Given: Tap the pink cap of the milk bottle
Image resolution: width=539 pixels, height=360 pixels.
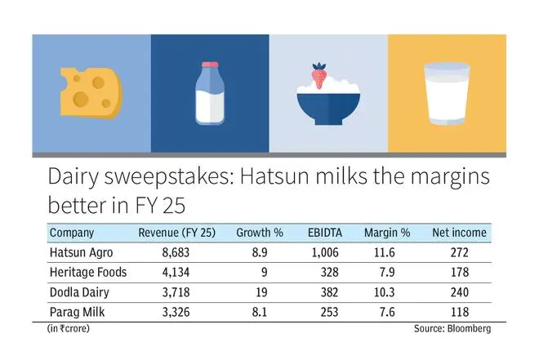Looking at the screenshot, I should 209,64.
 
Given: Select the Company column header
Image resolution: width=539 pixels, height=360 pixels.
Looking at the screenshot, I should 72,233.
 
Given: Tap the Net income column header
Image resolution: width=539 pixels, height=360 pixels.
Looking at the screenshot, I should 459,233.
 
